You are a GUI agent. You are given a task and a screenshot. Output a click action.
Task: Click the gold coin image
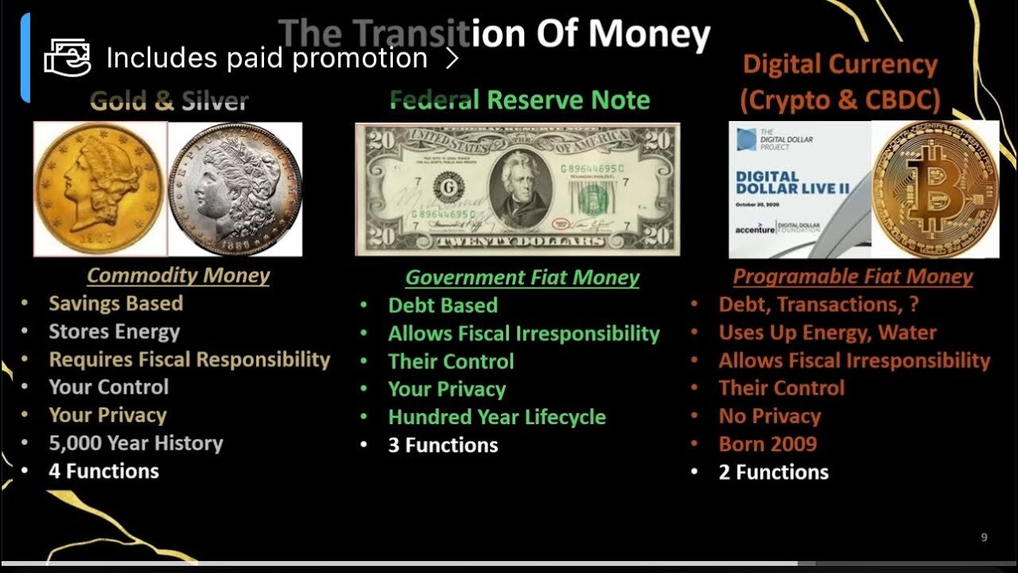click(99, 189)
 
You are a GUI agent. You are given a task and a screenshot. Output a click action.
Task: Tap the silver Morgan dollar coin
click(235, 189)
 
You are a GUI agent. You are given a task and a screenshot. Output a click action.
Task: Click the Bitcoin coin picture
click(935, 189)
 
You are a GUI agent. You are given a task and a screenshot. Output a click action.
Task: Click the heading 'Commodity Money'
click(178, 275)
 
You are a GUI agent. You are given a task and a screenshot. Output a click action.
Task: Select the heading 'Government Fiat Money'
click(522, 277)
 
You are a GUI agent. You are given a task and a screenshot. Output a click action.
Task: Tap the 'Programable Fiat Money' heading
click(853, 276)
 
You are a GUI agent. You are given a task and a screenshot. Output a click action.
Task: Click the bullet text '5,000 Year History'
click(136, 442)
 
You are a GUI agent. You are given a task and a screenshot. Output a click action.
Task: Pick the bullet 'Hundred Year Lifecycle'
click(496, 417)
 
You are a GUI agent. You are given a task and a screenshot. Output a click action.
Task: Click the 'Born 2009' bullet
click(767, 444)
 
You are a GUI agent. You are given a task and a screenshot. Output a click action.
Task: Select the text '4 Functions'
click(103, 471)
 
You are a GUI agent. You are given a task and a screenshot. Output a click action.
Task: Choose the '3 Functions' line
click(442, 445)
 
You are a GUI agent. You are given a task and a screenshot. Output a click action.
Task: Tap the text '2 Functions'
click(773, 472)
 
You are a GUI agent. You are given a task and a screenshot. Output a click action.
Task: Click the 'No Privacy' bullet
click(769, 416)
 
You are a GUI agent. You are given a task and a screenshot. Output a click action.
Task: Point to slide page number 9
click(984, 538)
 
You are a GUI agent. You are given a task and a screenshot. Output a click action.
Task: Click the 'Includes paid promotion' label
click(266, 58)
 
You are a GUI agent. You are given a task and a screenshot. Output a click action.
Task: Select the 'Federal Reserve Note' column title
click(519, 99)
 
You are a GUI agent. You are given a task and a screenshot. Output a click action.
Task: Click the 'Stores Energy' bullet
click(114, 331)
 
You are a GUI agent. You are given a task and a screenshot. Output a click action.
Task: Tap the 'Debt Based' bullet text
click(442, 306)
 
